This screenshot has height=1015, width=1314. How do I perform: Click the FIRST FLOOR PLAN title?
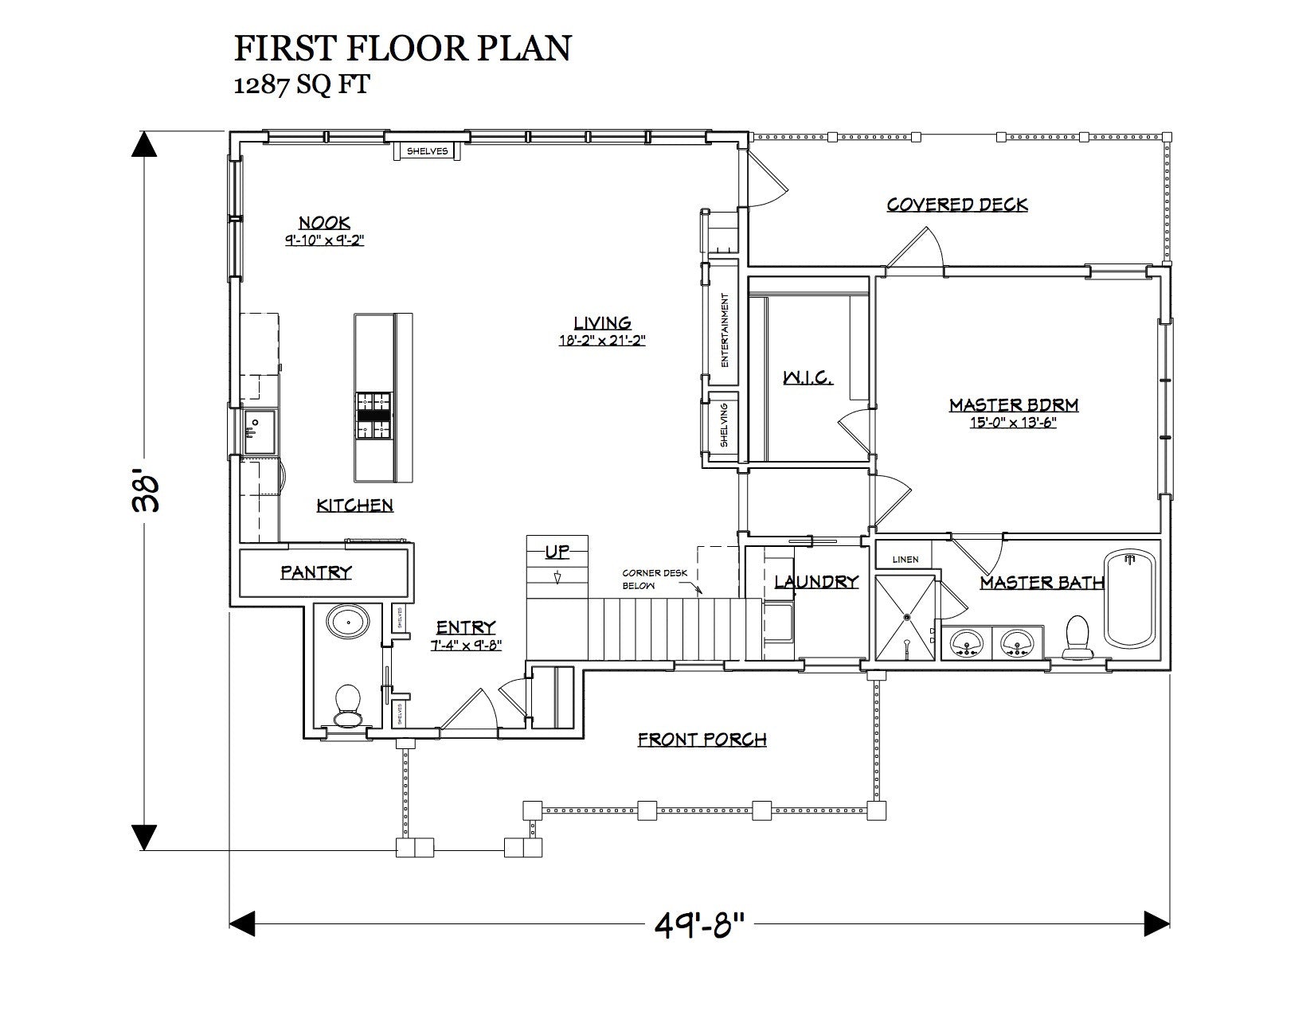(x=403, y=49)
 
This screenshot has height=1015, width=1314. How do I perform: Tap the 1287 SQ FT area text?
(x=302, y=85)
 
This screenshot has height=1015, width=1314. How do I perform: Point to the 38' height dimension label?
(x=147, y=493)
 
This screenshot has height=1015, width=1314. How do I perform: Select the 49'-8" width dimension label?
(x=699, y=925)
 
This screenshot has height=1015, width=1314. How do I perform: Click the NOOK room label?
(x=325, y=222)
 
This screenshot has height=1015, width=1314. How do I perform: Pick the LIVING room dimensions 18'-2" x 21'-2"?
(x=602, y=341)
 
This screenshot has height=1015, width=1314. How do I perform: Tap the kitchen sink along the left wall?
(x=260, y=431)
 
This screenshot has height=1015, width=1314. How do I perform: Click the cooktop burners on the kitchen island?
(x=373, y=416)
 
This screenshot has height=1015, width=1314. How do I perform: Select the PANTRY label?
(x=316, y=572)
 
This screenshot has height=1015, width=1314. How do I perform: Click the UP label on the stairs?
(x=557, y=552)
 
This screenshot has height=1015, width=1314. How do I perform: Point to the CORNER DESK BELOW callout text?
(x=655, y=579)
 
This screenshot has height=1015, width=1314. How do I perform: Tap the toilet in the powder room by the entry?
(x=347, y=705)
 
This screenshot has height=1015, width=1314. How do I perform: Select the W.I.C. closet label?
(x=808, y=378)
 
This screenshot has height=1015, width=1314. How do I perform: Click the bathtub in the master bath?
(x=1130, y=599)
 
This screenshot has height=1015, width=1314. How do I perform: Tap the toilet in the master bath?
(x=1077, y=637)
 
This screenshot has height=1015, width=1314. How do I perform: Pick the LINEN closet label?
(x=905, y=560)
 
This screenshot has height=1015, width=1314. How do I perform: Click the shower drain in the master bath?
(x=907, y=617)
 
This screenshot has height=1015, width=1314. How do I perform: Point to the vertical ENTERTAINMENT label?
(x=725, y=330)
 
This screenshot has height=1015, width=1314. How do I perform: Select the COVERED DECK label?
(x=957, y=205)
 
